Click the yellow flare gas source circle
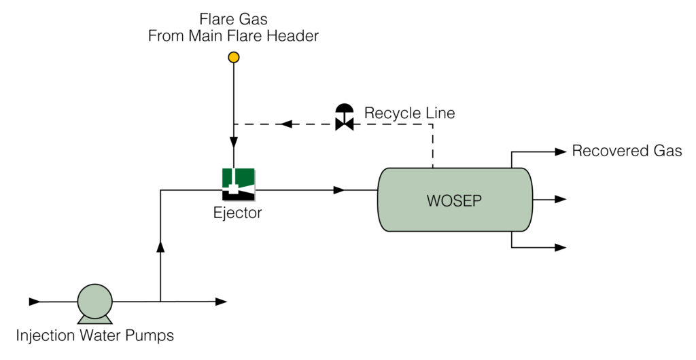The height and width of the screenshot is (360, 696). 233,58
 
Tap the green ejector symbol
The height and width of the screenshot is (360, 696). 238,184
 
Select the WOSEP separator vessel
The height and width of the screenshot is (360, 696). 454,200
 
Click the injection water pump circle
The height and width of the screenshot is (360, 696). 94,301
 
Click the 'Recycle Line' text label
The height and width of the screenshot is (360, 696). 409,113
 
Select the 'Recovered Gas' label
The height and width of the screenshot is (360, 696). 627,151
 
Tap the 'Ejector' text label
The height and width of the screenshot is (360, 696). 237,213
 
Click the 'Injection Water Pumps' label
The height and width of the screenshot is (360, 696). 94,336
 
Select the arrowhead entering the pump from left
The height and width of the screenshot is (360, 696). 34,301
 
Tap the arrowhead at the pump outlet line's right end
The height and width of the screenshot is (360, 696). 221,301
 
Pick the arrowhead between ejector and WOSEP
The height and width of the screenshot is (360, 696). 339,191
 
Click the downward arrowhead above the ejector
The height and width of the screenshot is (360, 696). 233,143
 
